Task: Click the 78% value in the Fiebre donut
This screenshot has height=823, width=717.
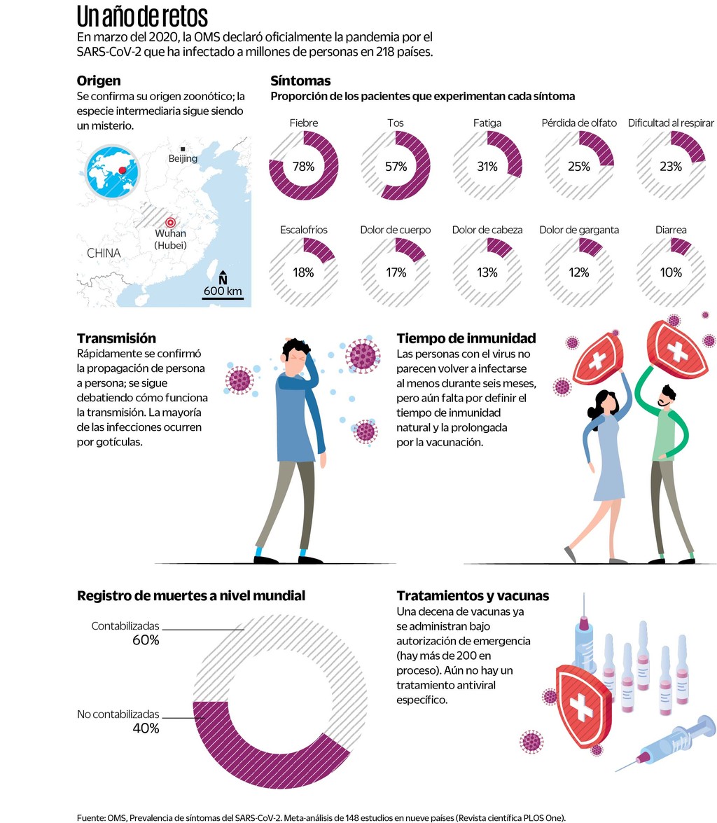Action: [x=303, y=167]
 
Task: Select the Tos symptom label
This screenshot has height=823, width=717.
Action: [x=396, y=123]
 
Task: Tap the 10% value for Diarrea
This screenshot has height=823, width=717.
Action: [x=670, y=273]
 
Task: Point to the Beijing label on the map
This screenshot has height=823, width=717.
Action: [x=183, y=158]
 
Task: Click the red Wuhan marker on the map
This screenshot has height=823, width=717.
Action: [x=169, y=223]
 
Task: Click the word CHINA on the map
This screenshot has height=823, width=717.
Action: [x=104, y=253]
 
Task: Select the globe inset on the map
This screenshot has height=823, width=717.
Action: [x=112, y=171]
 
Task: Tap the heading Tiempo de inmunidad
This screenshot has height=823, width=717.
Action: [x=466, y=338]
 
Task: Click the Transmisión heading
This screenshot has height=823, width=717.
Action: [x=116, y=338]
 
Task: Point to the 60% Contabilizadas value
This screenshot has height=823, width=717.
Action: [x=146, y=639]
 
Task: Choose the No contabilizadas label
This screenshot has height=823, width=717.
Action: [x=118, y=714]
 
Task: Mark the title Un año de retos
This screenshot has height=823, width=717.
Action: [x=142, y=16]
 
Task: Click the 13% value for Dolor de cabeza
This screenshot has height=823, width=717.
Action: [x=487, y=273]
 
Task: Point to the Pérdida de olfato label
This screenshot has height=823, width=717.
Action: [x=579, y=123]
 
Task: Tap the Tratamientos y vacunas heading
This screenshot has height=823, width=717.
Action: [x=473, y=596]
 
